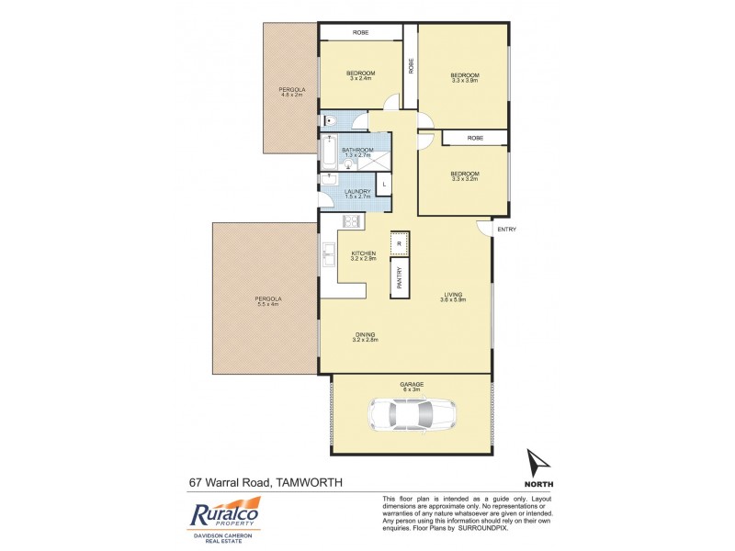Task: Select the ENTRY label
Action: [506, 230]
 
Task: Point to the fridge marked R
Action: [399, 242]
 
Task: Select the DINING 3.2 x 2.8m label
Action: [365, 336]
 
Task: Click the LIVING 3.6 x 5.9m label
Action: [455, 297]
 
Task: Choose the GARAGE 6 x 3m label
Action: [411, 387]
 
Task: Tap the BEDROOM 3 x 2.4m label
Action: [361, 75]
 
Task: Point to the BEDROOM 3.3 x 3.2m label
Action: [464, 176]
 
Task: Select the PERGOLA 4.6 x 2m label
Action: [291, 92]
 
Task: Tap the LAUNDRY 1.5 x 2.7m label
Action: [356, 194]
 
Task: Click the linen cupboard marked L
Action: [383, 186]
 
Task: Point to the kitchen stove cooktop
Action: [351, 221]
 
